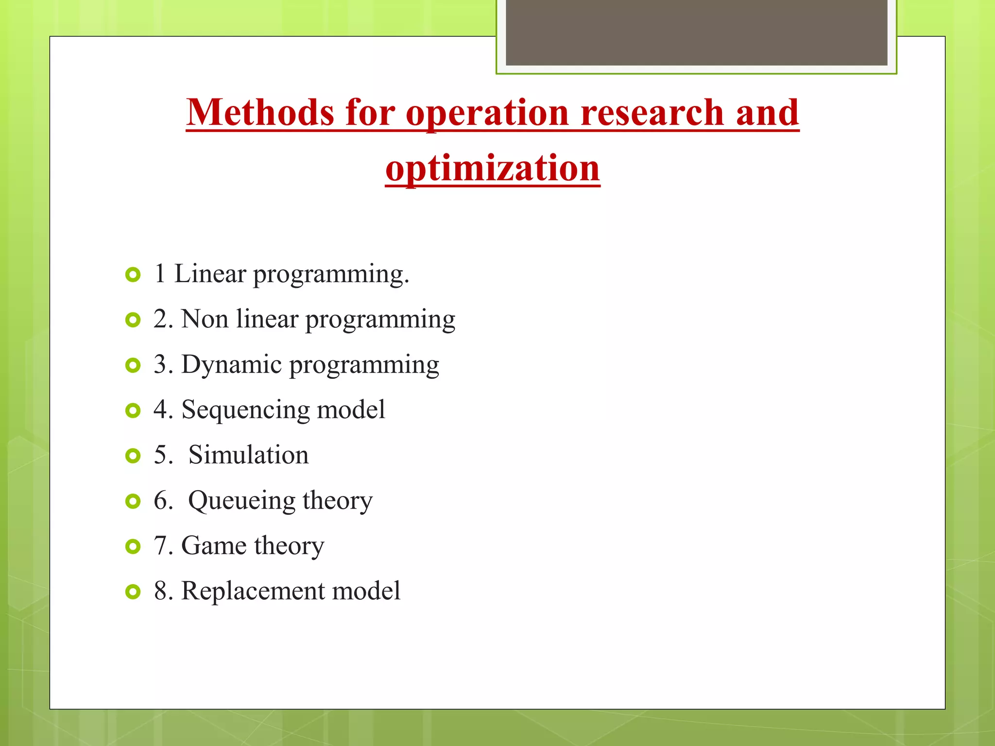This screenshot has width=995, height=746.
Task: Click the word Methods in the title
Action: (260, 113)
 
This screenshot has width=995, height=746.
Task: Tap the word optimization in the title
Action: (493, 168)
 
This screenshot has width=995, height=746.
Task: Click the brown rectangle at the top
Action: (696, 32)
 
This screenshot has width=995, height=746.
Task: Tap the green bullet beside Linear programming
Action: (133, 275)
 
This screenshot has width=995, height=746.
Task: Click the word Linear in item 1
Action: (210, 273)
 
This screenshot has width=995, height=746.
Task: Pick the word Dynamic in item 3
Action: (231, 365)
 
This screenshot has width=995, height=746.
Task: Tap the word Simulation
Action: (248, 455)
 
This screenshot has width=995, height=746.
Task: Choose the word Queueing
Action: (241, 501)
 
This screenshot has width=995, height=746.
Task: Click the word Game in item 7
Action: (213, 545)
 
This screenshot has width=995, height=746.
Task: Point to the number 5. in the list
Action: (163, 455)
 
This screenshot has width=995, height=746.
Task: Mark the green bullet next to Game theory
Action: (133, 547)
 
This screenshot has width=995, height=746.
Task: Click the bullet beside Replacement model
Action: (133, 592)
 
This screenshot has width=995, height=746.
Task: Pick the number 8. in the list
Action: (163, 591)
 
